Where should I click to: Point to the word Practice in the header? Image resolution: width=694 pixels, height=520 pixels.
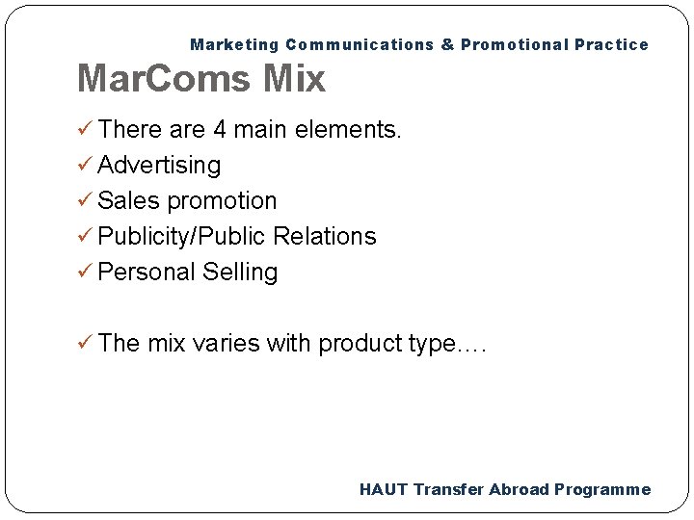click(x=613, y=44)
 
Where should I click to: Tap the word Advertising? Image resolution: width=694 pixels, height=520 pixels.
click(x=159, y=166)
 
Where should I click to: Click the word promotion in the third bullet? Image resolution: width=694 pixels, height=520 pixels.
click(x=222, y=201)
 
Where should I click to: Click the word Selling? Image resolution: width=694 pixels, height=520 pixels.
click(x=240, y=273)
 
